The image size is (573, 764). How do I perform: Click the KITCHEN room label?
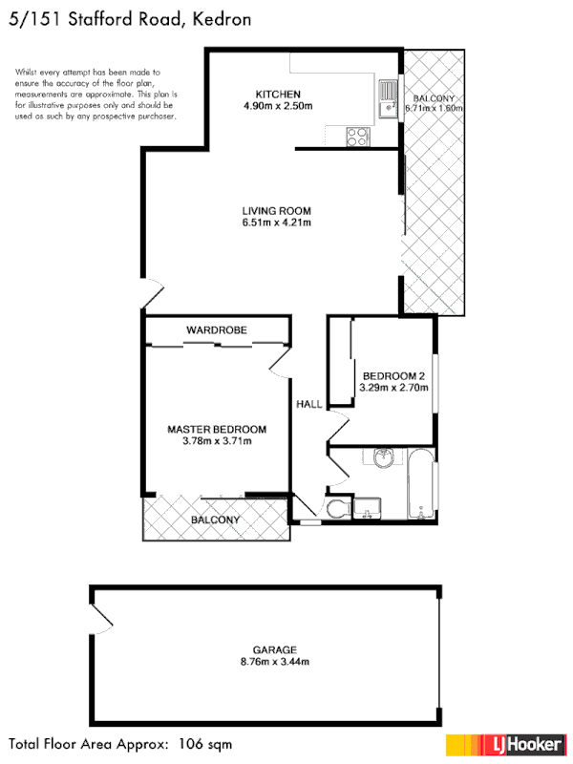click(278, 94)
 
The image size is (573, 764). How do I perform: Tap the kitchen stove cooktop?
click(358, 137)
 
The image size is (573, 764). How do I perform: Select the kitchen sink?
click(387, 97)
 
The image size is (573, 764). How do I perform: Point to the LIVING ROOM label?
click(277, 210)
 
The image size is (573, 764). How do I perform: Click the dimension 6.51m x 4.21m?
click(277, 223)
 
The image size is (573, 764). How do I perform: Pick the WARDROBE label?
click(217, 329)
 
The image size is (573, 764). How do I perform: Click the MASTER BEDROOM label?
click(217, 430)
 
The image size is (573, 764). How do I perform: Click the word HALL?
click(309, 405)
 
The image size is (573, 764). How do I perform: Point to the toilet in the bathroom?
click(336, 509)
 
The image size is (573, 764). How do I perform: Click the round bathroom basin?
click(384, 457)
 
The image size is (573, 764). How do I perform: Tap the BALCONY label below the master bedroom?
click(215, 520)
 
